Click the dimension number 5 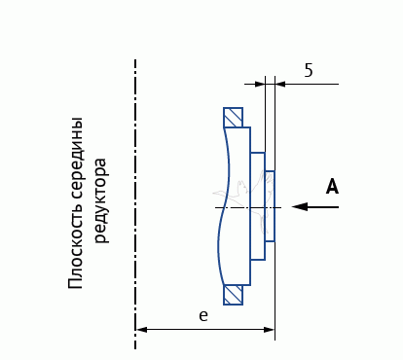tap(309, 70)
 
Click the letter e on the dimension tap(203, 316)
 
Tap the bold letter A tap(332, 186)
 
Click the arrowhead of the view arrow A tap(299, 206)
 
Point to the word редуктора tap(100, 200)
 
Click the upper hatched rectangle tap(233, 118)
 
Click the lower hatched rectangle tap(233, 295)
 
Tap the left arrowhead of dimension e tap(141, 330)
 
